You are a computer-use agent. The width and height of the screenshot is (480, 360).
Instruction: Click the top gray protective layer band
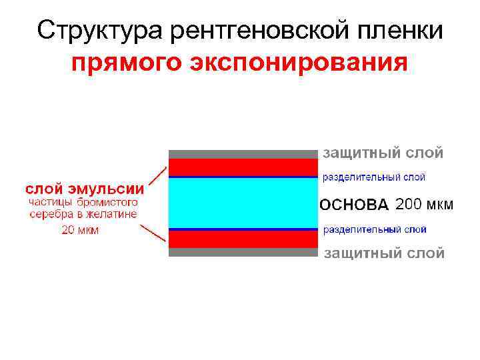click(x=243, y=154)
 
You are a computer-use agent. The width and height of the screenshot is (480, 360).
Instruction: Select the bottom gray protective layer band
click(x=243, y=252)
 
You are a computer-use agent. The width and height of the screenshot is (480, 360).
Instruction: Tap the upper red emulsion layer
click(x=243, y=167)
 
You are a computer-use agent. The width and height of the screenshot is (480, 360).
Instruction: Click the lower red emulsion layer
click(x=243, y=239)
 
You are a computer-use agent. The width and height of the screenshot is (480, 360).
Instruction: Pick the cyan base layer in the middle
click(x=243, y=203)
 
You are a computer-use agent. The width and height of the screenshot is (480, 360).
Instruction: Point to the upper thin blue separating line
click(x=243, y=177)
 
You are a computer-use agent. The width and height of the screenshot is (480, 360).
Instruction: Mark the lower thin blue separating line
click(x=243, y=229)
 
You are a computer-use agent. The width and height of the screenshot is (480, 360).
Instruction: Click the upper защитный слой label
click(x=383, y=153)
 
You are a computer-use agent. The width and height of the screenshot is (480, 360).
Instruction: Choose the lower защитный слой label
click(x=383, y=253)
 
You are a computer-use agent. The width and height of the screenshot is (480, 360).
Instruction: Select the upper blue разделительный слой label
click(x=374, y=177)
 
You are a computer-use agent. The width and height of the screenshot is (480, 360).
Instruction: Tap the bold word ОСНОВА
click(x=354, y=205)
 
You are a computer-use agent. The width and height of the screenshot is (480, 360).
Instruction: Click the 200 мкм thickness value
click(x=424, y=204)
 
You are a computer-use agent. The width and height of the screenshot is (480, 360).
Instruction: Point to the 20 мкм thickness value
click(x=80, y=230)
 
